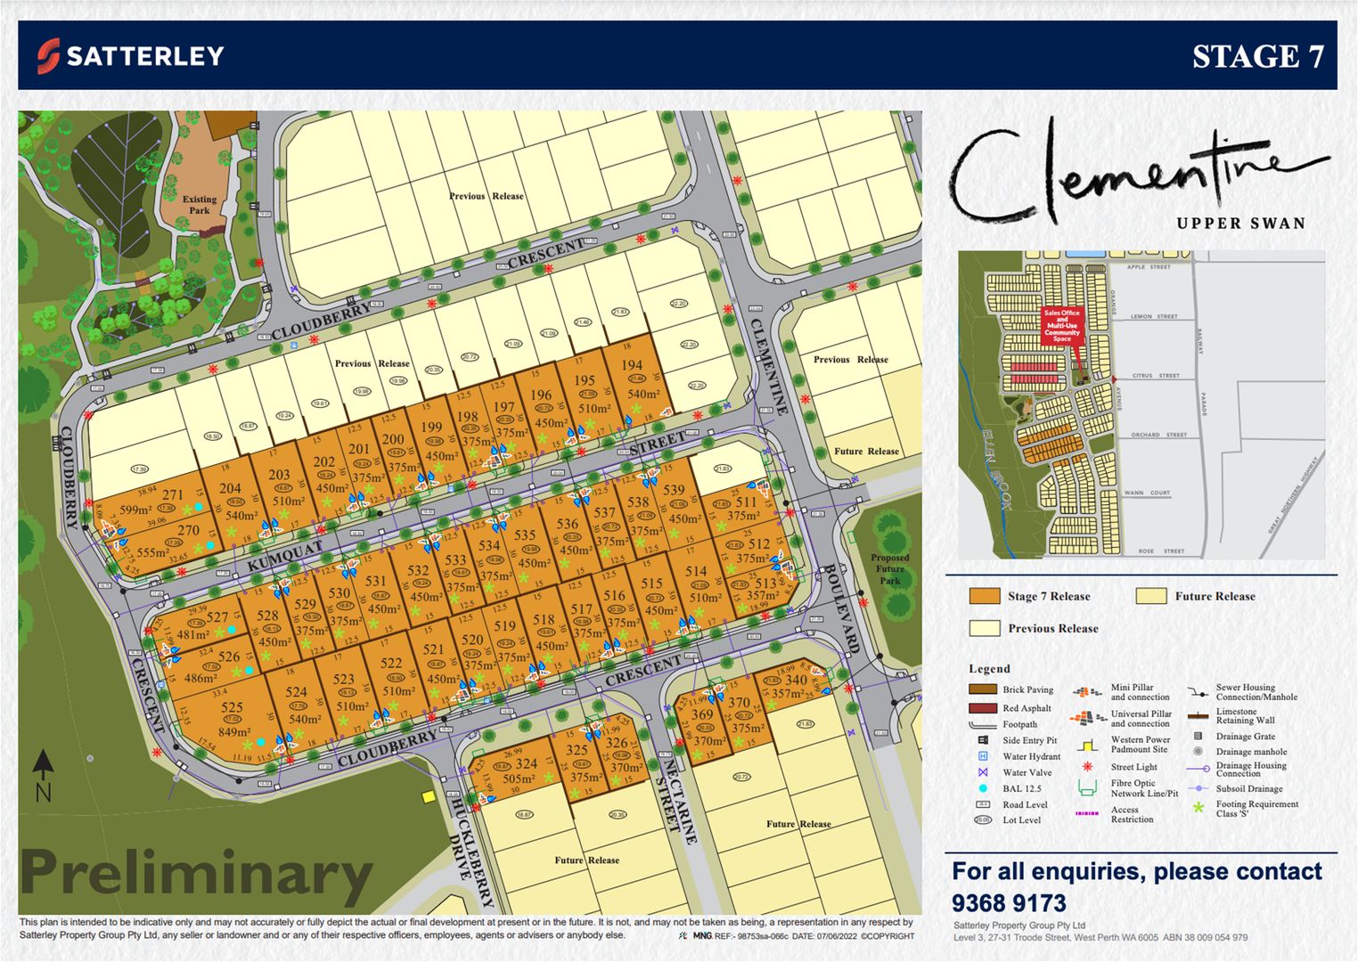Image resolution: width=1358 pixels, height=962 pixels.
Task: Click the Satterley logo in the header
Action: [x=130, y=56]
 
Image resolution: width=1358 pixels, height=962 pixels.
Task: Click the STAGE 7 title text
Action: [x=1257, y=57]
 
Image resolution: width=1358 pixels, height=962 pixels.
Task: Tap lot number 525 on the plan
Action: [x=232, y=708]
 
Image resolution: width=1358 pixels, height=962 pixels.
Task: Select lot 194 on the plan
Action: [x=632, y=365]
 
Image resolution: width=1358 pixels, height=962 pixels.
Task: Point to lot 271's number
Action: [x=172, y=495]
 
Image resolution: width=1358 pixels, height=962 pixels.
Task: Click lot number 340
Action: [x=796, y=680]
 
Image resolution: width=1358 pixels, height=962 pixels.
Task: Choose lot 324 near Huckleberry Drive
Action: [x=526, y=763]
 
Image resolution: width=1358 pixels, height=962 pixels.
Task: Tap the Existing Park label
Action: [x=200, y=205]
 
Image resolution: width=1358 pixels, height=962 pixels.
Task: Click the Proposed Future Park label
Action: [x=889, y=569]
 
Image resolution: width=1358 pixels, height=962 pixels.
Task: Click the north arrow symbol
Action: [x=43, y=774]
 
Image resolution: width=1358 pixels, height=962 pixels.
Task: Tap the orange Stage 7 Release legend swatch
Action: [x=985, y=596]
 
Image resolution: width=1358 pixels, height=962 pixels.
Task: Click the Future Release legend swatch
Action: [x=1151, y=596]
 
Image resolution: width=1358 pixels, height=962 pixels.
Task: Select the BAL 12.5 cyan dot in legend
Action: [x=983, y=788]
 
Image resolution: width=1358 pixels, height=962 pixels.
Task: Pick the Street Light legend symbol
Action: [x=1087, y=767]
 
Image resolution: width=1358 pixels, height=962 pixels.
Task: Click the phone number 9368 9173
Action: [x=1009, y=902]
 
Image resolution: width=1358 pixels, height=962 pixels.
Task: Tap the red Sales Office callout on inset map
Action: [x=1061, y=326]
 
